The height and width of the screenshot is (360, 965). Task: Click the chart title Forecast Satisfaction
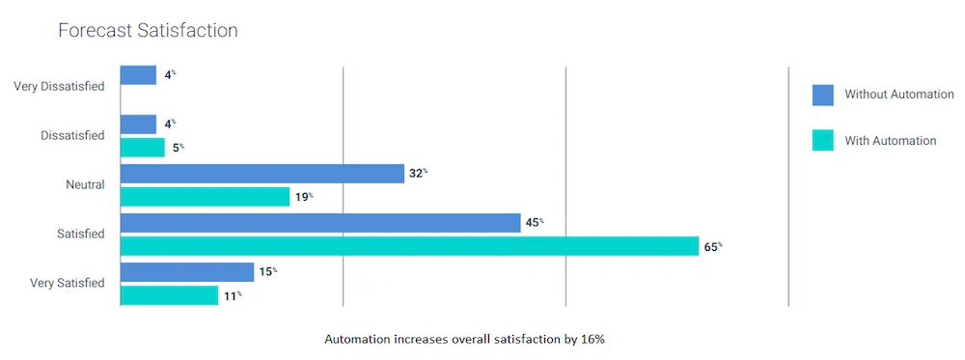pyautogui.click(x=148, y=31)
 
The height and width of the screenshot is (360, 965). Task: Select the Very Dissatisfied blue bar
pyautogui.click(x=138, y=74)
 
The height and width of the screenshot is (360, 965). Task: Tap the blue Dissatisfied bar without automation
pyautogui.click(x=138, y=125)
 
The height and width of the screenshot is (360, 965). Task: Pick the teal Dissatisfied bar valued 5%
pyautogui.click(x=143, y=147)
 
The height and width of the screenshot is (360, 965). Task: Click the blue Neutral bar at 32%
pyautogui.click(x=262, y=174)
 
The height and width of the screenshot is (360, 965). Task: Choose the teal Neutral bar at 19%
pyautogui.click(x=205, y=197)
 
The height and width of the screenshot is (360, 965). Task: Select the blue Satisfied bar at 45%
pyautogui.click(x=320, y=223)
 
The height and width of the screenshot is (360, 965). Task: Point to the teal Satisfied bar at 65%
pyautogui.click(x=409, y=246)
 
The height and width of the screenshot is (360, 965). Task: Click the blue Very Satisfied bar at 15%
pyautogui.click(x=187, y=272)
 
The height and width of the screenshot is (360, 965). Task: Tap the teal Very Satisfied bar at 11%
pyautogui.click(x=169, y=295)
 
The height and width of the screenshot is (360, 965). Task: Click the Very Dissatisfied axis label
pyautogui.click(x=59, y=87)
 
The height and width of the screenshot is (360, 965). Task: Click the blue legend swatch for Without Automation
pyautogui.click(x=822, y=95)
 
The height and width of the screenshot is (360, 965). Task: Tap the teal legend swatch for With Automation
pyautogui.click(x=822, y=141)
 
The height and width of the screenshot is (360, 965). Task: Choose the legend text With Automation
pyautogui.click(x=890, y=141)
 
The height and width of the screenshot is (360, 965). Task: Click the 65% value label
pyautogui.click(x=712, y=246)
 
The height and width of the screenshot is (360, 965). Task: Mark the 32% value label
pyautogui.click(x=417, y=174)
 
